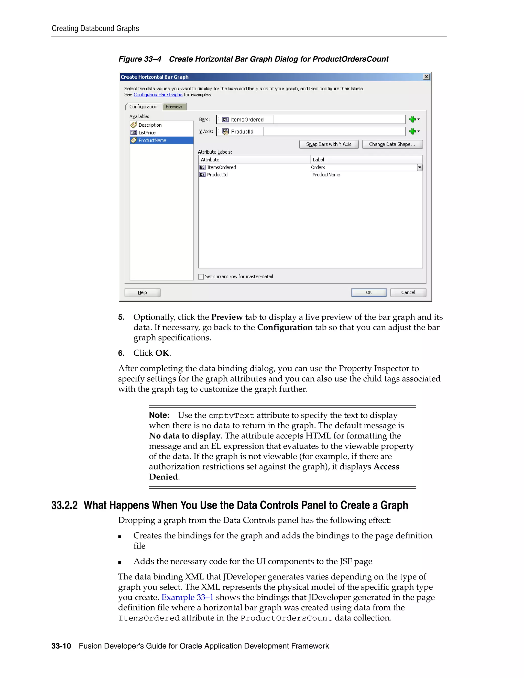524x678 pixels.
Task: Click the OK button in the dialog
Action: coord(368,292)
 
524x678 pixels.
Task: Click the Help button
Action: coord(142,292)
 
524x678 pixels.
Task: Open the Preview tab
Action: coord(174,106)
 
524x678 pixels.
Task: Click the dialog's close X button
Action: coord(426,77)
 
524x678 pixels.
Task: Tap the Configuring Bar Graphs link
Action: coord(158,95)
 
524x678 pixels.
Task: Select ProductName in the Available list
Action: coord(152,140)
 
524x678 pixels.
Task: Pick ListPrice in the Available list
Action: coord(147,133)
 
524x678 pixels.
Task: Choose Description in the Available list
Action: coord(150,125)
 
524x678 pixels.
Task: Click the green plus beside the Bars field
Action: coord(412,119)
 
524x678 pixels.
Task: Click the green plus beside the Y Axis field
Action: coord(412,131)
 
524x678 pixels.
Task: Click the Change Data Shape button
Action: coord(392,144)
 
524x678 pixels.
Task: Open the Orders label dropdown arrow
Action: coord(419,167)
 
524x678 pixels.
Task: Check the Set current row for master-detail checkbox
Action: coord(201,277)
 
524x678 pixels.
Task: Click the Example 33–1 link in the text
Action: coord(187,597)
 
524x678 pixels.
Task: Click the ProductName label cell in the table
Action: coord(326,175)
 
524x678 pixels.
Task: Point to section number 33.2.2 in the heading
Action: coord(64,505)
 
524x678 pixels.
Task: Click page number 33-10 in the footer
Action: coord(61,646)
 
